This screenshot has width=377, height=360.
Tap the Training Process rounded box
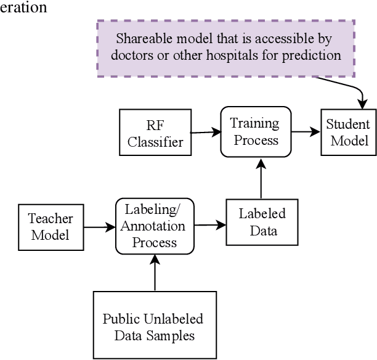[254, 131]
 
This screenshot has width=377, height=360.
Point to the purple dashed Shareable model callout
[225, 47]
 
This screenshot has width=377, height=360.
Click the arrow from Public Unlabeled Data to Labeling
[154, 272]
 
